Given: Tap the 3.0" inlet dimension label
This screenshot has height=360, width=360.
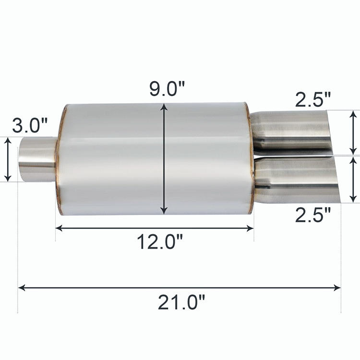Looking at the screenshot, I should click(x=30, y=126).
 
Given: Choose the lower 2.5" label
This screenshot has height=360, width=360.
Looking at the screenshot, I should click(x=313, y=215).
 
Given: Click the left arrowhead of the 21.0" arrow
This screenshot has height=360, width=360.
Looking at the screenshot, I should click(x=22, y=288).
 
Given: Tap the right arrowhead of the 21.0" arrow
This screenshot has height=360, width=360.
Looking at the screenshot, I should click(x=337, y=288).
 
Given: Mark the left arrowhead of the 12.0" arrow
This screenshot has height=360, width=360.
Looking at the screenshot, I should click(x=60, y=228).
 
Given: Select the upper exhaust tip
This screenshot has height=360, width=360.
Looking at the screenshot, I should click(x=290, y=130).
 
